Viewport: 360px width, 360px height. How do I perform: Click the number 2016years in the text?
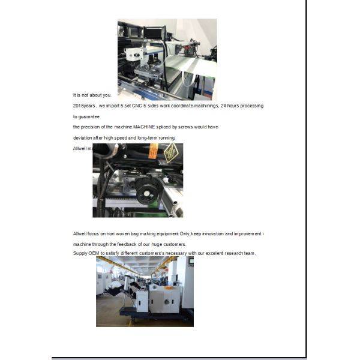(x=83, y=106)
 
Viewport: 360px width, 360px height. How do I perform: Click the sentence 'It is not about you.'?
(x=92, y=95)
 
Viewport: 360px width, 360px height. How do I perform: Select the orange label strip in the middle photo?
(x=153, y=151)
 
